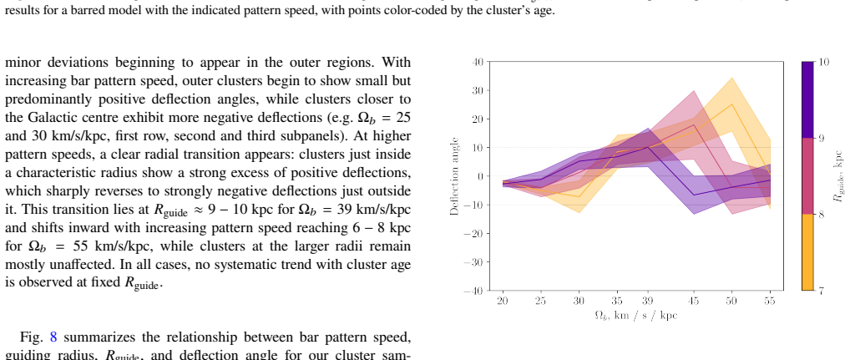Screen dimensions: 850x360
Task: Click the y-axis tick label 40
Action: tap(477, 62)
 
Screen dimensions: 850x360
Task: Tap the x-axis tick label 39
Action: tap(648, 301)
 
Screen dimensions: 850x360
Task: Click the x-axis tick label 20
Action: tap(503, 301)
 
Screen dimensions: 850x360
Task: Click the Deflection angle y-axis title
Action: tap(455, 176)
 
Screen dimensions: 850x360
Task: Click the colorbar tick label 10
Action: tap(823, 62)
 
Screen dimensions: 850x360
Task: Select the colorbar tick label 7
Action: tap(821, 291)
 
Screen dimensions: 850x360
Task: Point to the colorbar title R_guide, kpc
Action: tap(839, 176)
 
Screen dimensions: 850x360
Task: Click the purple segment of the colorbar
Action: tap(807, 99)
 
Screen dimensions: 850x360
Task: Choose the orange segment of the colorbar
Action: tap(807, 252)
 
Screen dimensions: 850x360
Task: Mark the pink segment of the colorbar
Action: tap(807, 176)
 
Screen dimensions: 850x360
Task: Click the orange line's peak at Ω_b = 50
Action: tap(732, 104)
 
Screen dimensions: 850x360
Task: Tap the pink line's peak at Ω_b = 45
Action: tap(694, 124)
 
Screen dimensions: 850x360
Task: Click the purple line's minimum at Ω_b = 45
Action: tap(694, 195)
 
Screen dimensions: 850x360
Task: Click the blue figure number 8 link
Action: tap(53, 337)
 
